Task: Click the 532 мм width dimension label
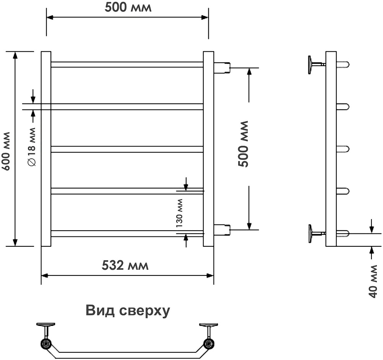point(125,265)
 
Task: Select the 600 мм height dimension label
point(5,151)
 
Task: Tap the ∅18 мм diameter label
point(32,147)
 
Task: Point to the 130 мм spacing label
point(180,213)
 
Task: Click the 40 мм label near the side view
point(373,281)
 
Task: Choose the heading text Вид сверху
point(128,311)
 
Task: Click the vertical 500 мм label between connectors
point(243,144)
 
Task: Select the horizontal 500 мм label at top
point(128,7)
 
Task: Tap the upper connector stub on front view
point(222,67)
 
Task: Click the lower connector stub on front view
point(222,230)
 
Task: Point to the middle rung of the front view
point(127,149)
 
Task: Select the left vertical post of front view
point(46,149)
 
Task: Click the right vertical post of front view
point(208,149)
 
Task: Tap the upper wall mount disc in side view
point(310,65)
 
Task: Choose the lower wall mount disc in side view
point(310,234)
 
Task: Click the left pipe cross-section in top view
point(46,344)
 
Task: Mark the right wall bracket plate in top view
point(208,324)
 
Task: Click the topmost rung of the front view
point(127,64)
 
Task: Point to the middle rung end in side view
point(343,149)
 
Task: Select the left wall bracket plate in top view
point(46,324)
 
